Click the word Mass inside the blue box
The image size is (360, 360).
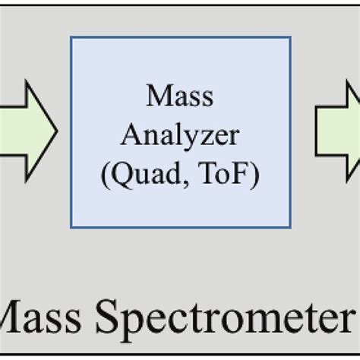click(x=180, y=97)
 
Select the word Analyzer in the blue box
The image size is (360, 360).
click(x=180, y=137)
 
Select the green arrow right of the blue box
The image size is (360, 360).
click(x=339, y=130)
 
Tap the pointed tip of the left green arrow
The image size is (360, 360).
click(x=56, y=130)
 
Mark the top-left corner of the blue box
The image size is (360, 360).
click(x=71, y=37)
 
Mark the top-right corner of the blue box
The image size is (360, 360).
click(x=290, y=37)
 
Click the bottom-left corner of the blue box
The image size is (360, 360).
click(x=71, y=227)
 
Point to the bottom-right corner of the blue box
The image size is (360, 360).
click(x=290, y=227)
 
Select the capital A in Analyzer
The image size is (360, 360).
click(x=130, y=136)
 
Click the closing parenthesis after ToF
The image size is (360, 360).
click(x=255, y=176)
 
